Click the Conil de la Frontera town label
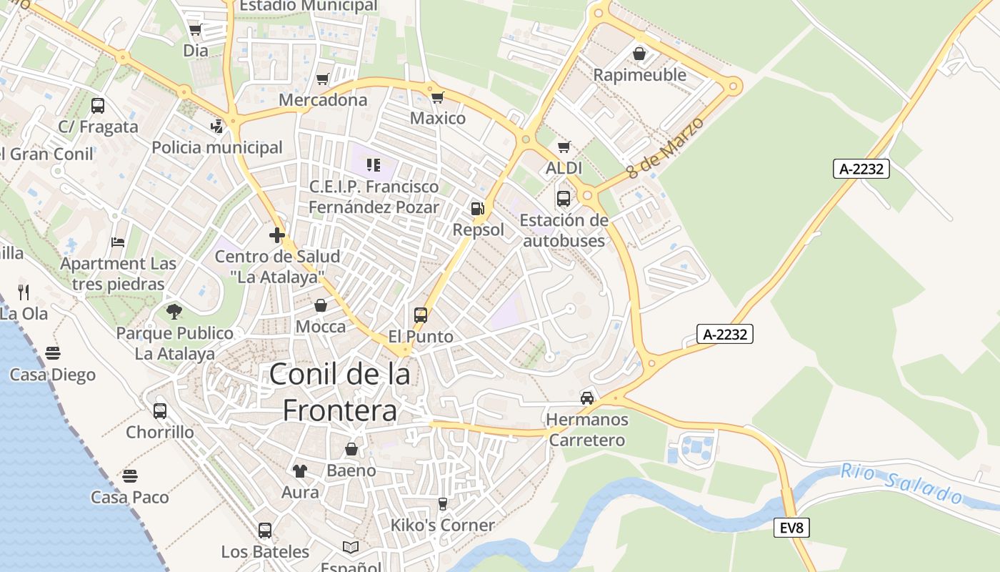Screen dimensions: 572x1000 click(340, 392)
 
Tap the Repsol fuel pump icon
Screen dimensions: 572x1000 click(477, 209)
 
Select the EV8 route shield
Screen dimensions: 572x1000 click(791, 528)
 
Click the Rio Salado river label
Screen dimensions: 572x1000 click(901, 483)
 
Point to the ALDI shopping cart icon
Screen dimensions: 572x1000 click(564, 147)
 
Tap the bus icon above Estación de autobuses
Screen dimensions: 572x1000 click(564, 198)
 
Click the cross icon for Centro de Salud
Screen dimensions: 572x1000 click(277, 235)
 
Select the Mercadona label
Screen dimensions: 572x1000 click(323, 99)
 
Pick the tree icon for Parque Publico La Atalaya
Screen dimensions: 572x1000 click(174, 311)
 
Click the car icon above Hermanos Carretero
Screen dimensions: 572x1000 click(587, 398)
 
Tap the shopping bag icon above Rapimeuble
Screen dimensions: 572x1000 click(639, 54)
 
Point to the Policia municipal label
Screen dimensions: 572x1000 click(217, 147)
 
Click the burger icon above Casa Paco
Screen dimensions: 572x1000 click(129, 475)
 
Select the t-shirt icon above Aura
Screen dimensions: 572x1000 click(299, 471)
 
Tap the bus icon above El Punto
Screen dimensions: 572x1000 click(421, 315)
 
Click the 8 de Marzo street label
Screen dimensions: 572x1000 click(665, 147)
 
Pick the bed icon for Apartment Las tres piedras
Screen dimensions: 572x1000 click(118, 242)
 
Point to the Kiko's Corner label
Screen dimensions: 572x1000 click(442, 525)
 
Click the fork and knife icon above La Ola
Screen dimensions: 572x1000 click(24, 292)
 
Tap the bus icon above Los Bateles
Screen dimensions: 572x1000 click(265, 530)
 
